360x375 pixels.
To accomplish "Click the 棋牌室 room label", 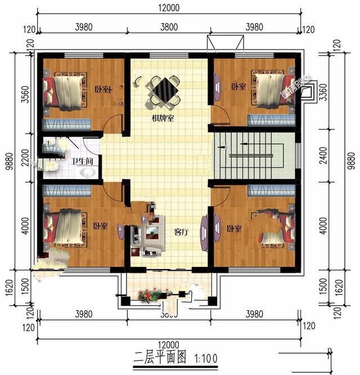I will tap(162, 119).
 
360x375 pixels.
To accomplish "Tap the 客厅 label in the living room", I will tap(181, 231).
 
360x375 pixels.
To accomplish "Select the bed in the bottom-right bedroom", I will tap(276, 228).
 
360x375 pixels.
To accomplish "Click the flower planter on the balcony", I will tap(153, 294).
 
